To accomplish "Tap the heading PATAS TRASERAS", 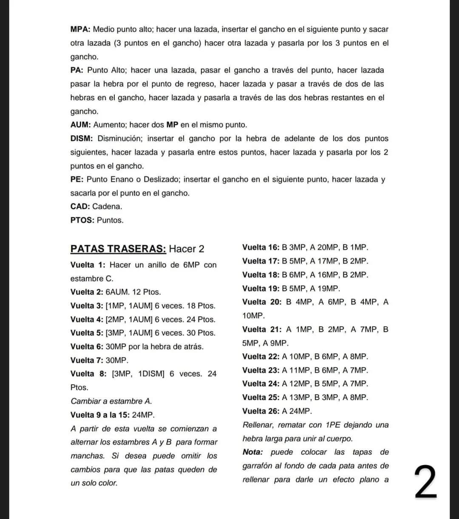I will [x=118, y=249].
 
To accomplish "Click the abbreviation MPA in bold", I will [x=80, y=30].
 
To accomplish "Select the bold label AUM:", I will [x=81, y=125].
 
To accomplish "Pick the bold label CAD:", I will [x=80, y=207].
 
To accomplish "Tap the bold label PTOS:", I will [x=82, y=220].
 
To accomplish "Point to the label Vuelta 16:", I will [x=261, y=247].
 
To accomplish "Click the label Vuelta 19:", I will [x=261, y=289].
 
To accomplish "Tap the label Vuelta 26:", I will [x=261, y=411].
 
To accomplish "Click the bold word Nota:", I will [x=253, y=452].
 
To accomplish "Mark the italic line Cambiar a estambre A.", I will [x=111, y=401].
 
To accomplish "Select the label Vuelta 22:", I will [x=261, y=356].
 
